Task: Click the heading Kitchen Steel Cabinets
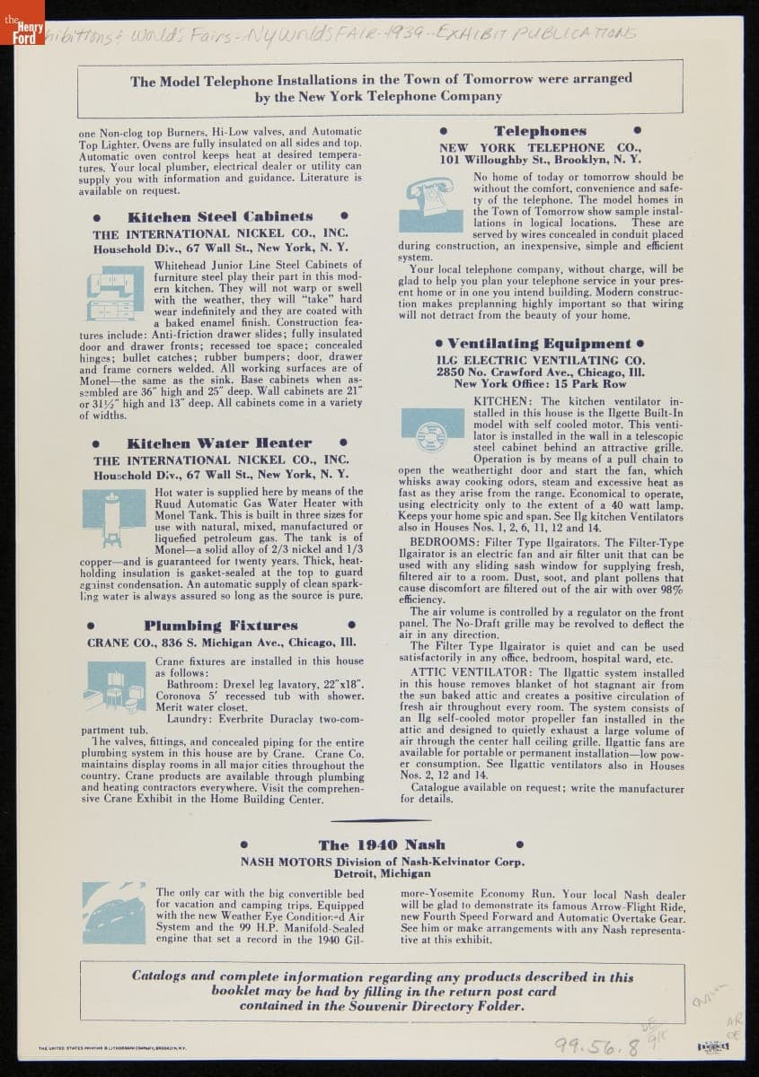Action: point(220,217)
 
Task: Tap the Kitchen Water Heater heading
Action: point(219,443)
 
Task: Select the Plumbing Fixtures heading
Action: point(221,626)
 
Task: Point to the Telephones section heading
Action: point(540,131)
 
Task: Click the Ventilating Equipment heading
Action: point(540,344)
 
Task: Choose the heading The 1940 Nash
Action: point(382,845)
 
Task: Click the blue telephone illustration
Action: point(430,204)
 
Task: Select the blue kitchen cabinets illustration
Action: point(111,291)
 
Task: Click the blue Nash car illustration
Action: point(114,913)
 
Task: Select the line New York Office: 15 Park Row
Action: point(540,383)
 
